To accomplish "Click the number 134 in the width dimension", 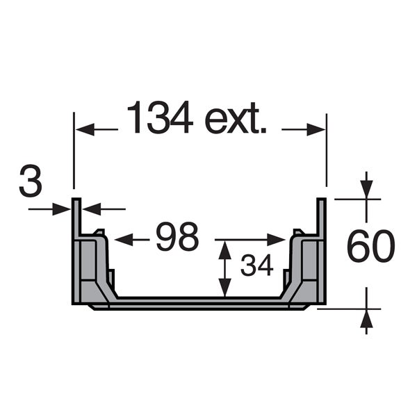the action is click(161, 117).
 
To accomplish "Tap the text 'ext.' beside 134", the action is click(236, 118).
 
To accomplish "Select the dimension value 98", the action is click(177, 237).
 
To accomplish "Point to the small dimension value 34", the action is click(257, 265).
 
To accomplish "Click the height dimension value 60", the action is click(370, 247).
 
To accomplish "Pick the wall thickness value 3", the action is click(31, 181).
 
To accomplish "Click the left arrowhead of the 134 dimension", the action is click(85, 129).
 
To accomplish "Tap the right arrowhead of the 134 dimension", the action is click(316, 129).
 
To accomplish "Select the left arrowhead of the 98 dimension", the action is click(124, 240).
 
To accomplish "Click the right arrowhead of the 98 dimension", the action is click(277, 240).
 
